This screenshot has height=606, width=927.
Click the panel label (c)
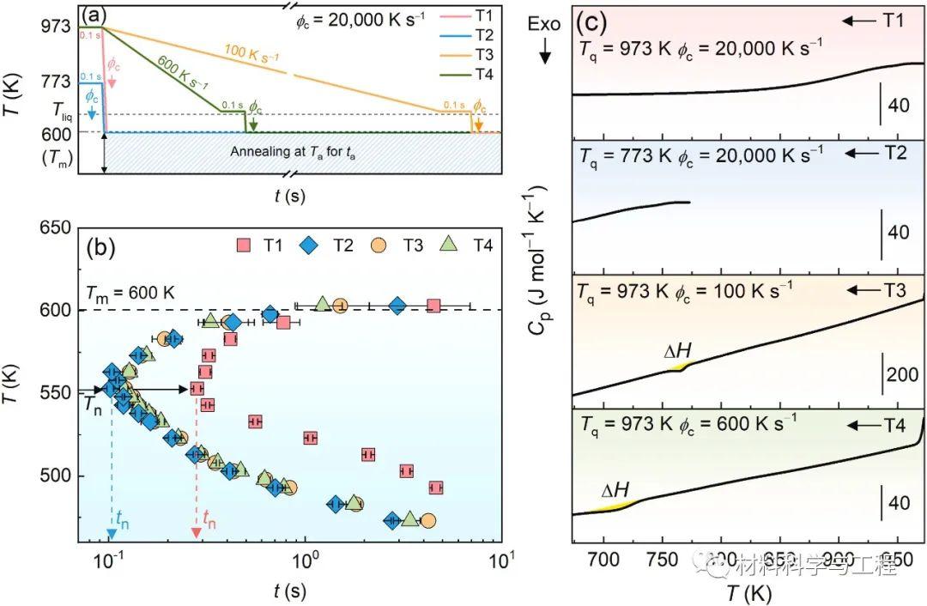597,21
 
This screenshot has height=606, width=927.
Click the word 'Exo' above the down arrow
544,24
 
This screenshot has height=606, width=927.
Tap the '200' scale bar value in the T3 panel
902,376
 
